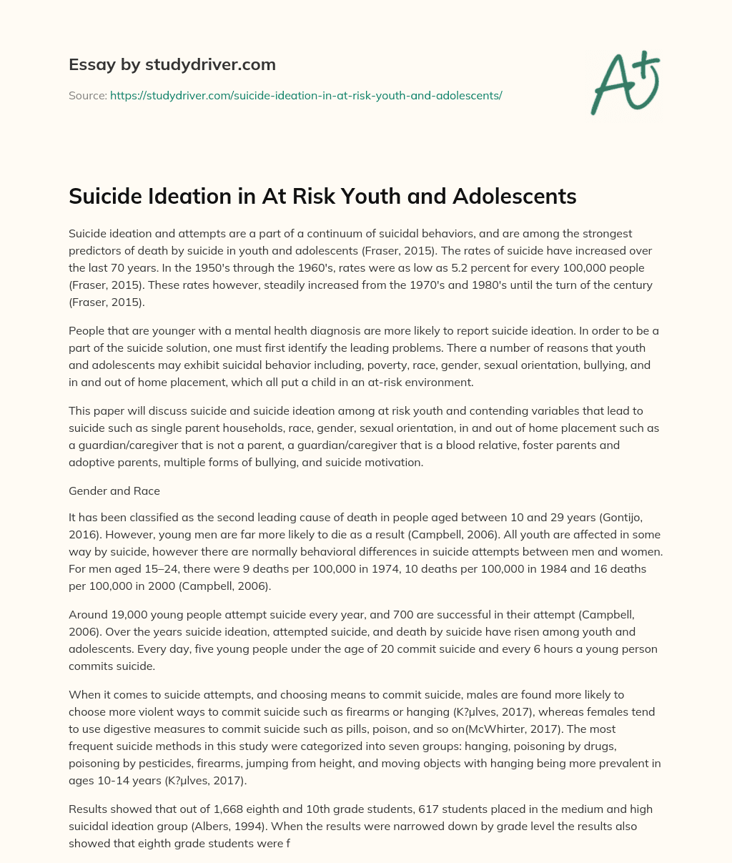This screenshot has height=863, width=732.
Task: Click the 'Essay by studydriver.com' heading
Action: point(172,64)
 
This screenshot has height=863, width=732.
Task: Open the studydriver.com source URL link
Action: point(306,95)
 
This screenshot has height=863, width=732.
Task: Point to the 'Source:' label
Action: point(88,95)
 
